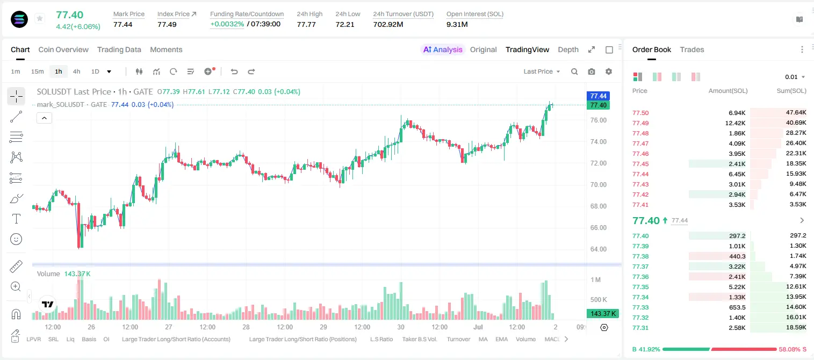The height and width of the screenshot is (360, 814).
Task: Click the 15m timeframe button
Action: click(x=37, y=71)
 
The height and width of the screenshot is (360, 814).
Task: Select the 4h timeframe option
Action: click(x=76, y=71)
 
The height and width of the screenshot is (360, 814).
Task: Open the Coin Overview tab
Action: click(x=63, y=49)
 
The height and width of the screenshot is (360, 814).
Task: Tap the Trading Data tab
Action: click(x=119, y=49)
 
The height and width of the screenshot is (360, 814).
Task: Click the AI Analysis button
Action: click(x=443, y=49)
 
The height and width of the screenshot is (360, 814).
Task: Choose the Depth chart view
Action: click(x=568, y=49)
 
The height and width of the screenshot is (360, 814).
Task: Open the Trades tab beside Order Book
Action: click(x=692, y=49)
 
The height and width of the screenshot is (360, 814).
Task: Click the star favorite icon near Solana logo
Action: click(x=40, y=18)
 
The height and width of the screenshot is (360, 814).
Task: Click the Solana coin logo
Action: click(x=19, y=19)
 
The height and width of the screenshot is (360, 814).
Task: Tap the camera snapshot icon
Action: click(x=592, y=71)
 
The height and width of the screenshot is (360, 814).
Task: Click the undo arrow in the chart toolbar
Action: click(x=234, y=71)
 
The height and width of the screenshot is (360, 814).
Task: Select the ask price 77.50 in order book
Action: click(x=640, y=113)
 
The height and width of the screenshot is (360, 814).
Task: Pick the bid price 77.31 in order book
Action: click(x=640, y=328)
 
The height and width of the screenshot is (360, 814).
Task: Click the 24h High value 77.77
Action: click(x=306, y=24)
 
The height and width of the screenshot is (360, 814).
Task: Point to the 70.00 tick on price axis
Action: click(x=598, y=184)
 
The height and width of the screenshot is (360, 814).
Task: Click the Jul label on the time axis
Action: click(x=478, y=327)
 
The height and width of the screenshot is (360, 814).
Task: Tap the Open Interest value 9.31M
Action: click(x=457, y=24)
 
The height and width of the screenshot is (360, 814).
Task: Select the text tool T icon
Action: click(x=16, y=219)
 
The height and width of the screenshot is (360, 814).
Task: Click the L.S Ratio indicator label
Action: click(x=381, y=339)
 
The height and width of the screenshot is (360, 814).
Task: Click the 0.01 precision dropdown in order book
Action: click(x=795, y=77)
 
